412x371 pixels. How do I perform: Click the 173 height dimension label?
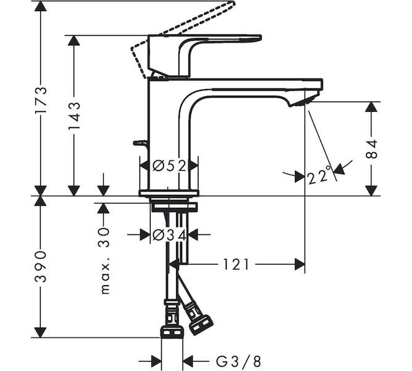41,100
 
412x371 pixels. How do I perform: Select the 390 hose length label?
41,267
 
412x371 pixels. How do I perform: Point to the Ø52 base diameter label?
169,166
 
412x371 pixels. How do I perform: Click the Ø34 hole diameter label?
169,235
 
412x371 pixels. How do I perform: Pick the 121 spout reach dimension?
236,265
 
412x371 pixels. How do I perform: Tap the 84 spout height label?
371,149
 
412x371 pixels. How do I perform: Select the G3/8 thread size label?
238,362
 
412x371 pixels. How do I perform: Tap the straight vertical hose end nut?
172,331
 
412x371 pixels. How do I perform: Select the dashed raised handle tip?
231,3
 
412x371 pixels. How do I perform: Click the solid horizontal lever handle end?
259,38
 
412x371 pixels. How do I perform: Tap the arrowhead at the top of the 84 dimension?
371,107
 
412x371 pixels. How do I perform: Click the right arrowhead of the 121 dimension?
300,264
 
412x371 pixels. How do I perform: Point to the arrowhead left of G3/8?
156,361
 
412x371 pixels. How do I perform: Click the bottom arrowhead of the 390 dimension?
41,332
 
